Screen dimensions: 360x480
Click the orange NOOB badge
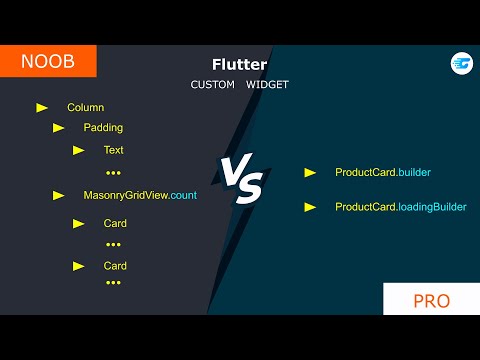(48, 61)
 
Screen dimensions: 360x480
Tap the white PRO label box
(431, 300)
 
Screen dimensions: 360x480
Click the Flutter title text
(239, 65)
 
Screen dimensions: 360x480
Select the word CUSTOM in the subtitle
(212, 85)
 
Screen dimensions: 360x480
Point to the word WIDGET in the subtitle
(266, 85)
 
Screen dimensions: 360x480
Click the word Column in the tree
(85, 107)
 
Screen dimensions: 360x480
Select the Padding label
(103, 128)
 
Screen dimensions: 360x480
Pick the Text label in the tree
(113, 150)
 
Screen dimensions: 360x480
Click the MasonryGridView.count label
(140, 195)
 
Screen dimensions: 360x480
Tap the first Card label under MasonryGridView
(115, 223)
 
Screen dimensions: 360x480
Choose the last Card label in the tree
(115, 266)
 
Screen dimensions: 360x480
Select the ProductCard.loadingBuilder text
(400, 207)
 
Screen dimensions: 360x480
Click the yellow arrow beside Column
(42, 107)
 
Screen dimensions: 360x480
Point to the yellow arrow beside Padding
(58, 128)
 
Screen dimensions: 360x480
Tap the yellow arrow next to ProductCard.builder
(310, 173)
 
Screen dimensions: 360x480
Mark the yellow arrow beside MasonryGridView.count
(58, 195)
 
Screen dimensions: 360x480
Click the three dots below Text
(113, 173)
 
